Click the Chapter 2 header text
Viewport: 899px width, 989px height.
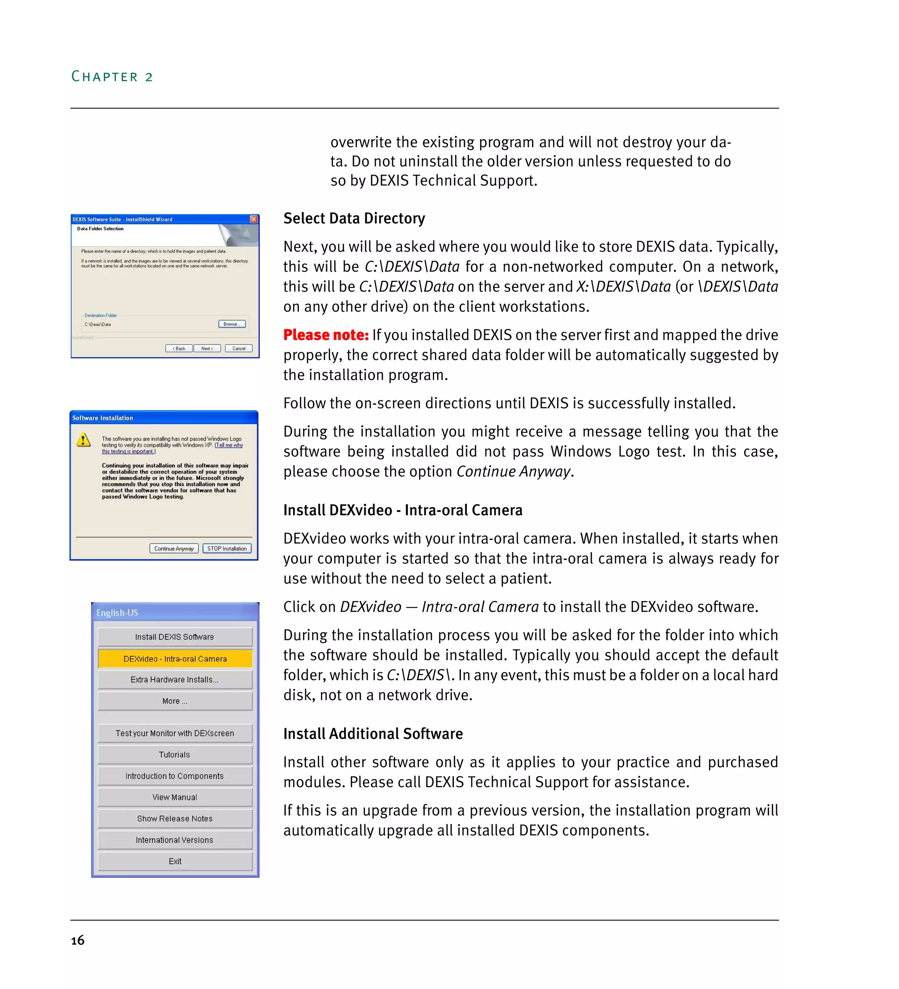112,76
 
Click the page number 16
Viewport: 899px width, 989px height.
78,940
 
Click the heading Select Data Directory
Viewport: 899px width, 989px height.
354,218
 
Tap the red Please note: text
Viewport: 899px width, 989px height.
326,335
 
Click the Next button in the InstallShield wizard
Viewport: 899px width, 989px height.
206,348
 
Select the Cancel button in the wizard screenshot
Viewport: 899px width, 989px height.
238,348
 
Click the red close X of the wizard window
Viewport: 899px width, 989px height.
254,219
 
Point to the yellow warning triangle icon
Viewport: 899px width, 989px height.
83,440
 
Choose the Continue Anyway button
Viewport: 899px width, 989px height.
174,548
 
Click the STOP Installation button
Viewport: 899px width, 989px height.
227,548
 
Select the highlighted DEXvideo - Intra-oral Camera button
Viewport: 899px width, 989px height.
175,659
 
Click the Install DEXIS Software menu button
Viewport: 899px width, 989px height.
175,637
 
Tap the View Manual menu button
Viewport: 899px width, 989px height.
175,797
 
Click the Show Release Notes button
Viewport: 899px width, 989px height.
175,818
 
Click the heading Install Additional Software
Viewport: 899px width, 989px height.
373,734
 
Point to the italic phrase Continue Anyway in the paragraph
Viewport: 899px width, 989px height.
513,471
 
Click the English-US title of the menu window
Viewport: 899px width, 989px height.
117,613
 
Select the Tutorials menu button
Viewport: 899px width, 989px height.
175,755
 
